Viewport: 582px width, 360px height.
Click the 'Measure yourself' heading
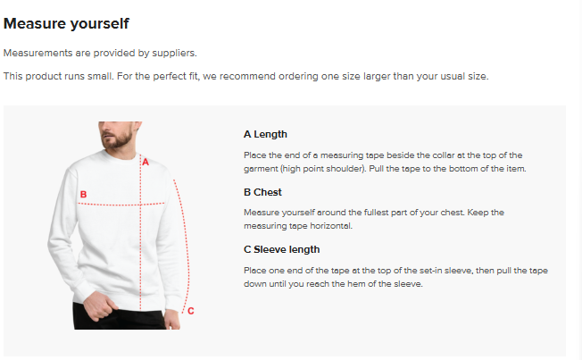tap(66, 24)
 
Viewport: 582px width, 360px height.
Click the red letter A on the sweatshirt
tap(145, 162)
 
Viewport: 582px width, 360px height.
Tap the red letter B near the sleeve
tap(83, 195)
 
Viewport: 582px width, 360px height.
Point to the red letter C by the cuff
tap(191, 311)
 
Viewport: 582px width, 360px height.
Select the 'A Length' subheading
tap(265, 134)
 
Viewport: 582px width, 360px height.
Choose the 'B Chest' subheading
tap(262, 192)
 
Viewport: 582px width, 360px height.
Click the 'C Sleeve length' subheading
tap(282, 249)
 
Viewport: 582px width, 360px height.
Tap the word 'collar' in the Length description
tap(444, 155)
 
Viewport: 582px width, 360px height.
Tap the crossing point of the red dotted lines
tap(140, 204)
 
